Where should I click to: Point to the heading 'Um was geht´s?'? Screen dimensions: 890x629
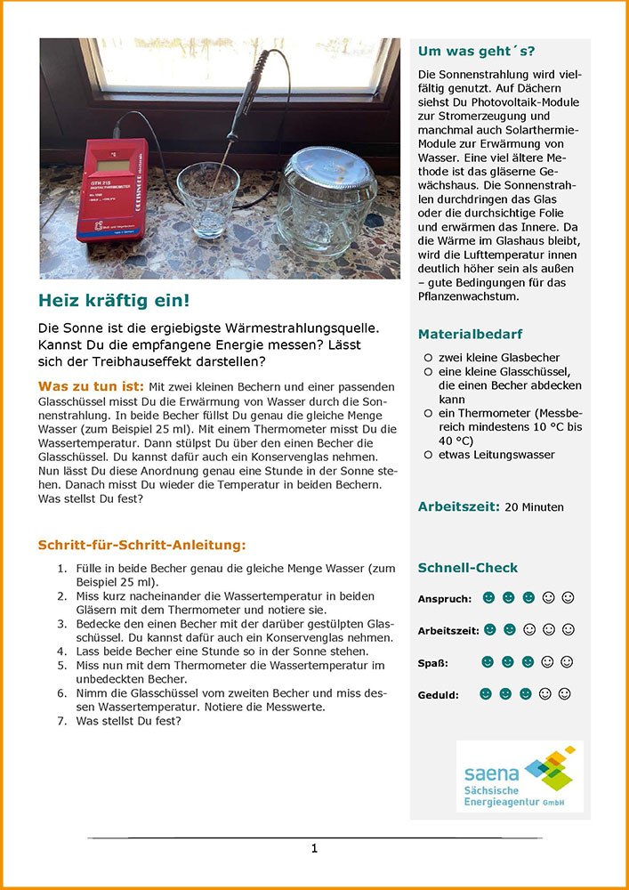(x=476, y=51)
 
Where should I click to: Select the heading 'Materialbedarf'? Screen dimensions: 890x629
(x=471, y=335)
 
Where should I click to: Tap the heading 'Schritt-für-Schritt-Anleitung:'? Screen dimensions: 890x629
(x=142, y=545)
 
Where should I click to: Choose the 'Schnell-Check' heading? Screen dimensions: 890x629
(x=468, y=568)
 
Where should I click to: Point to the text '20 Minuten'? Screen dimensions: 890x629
(x=535, y=507)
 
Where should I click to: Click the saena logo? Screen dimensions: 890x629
(x=520, y=775)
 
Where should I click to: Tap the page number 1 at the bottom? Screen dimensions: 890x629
(x=314, y=849)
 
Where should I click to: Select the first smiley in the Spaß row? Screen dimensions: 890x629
(x=488, y=662)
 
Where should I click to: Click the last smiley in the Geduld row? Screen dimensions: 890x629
(x=564, y=693)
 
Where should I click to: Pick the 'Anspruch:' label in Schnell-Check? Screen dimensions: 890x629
(x=445, y=599)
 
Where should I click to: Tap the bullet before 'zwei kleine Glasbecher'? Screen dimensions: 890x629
(x=428, y=356)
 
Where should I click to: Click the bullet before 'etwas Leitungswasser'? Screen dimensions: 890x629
(x=428, y=455)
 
